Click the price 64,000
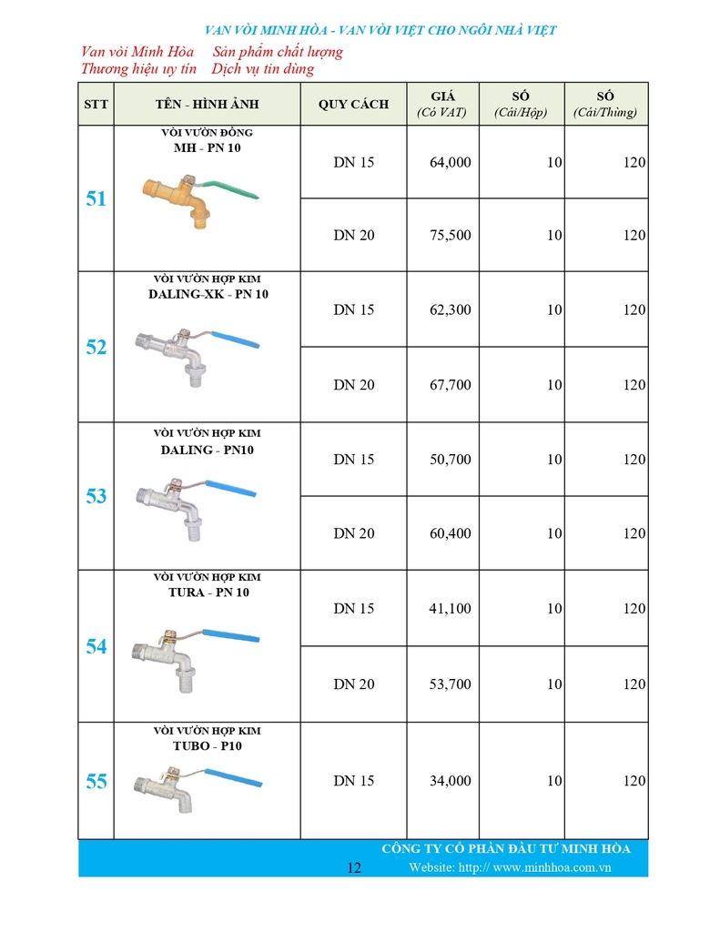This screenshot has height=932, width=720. (x=450, y=163)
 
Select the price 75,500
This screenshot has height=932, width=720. (x=450, y=236)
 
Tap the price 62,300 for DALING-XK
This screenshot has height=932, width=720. (x=450, y=310)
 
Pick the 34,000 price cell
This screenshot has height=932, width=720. (x=450, y=781)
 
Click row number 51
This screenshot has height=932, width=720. (x=96, y=199)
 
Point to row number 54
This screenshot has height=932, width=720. (x=96, y=647)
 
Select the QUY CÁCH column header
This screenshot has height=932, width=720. (x=353, y=105)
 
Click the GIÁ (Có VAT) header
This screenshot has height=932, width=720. (x=441, y=105)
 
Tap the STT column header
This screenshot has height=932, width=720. (x=96, y=105)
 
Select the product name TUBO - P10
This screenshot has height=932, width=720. (x=208, y=746)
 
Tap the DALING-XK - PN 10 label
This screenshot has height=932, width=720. (x=208, y=295)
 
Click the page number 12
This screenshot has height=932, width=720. (x=355, y=867)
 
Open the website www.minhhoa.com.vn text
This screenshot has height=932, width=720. (x=510, y=867)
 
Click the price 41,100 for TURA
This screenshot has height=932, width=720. (x=450, y=609)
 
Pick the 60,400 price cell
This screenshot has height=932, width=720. (x=450, y=533)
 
